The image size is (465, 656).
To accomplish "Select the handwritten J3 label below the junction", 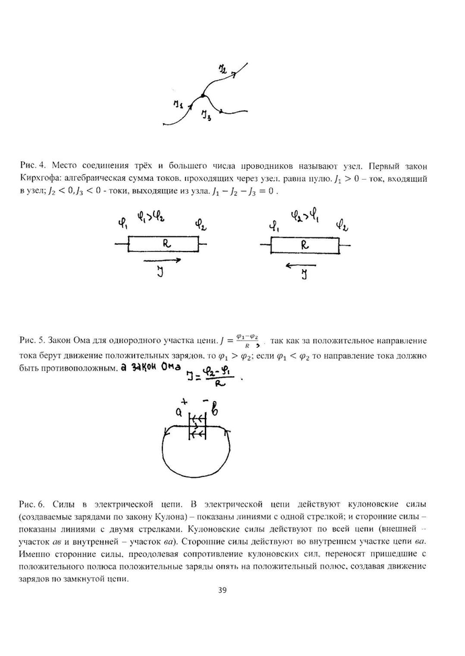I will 207,117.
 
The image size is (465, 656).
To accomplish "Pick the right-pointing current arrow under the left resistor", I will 162,260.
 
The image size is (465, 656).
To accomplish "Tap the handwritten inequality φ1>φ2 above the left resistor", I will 150,218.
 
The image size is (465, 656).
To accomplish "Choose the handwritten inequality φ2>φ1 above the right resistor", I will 305,217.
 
